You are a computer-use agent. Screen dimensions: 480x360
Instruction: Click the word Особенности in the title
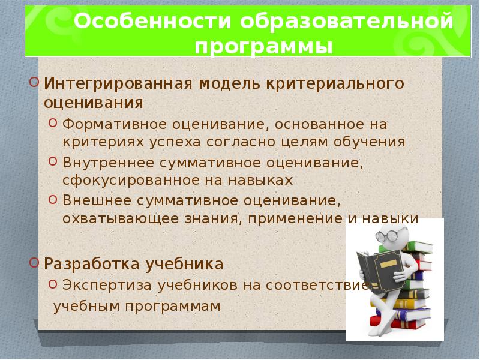[x=152, y=21]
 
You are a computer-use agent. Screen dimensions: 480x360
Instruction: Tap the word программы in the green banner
[x=263, y=47]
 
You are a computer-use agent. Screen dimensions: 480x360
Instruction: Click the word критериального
[x=335, y=84]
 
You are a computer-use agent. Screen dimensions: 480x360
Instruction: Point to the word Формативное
[x=115, y=125]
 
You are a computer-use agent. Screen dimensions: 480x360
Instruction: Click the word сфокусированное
[x=131, y=181]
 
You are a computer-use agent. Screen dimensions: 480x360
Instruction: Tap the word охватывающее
[x=121, y=219]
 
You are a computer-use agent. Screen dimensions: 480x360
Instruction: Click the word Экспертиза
[x=107, y=286]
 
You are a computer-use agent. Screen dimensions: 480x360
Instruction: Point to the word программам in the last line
[x=173, y=307]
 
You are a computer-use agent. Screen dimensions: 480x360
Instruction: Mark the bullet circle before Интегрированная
[x=34, y=82]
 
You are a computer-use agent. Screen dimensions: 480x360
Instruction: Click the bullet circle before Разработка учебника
[x=34, y=262]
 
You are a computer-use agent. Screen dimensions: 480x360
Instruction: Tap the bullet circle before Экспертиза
[x=53, y=283]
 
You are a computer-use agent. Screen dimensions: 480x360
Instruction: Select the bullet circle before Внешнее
[x=53, y=200]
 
